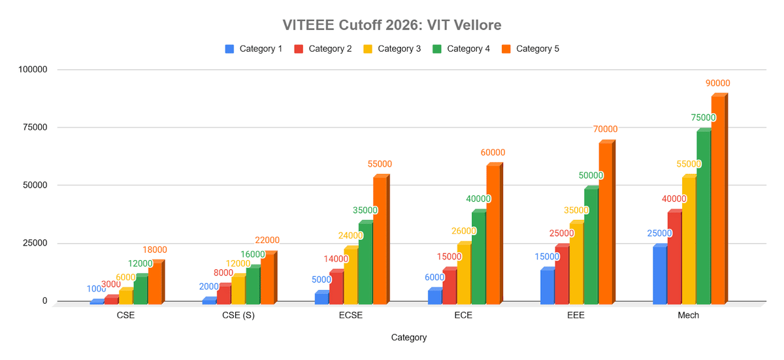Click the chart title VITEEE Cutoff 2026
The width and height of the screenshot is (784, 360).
click(391, 25)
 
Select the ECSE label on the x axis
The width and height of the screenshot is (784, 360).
click(351, 315)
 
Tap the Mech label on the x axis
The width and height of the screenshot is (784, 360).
click(688, 315)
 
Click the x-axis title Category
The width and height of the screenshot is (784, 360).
click(409, 338)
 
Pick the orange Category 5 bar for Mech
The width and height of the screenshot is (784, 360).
click(718, 199)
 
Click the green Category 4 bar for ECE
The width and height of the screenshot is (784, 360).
click(478, 258)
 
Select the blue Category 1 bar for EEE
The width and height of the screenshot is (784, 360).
click(547, 287)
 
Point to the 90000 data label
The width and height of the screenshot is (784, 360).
click(717, 84)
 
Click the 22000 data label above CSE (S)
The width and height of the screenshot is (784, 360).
click(267, 240)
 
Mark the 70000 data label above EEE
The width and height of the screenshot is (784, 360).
click(605, 129)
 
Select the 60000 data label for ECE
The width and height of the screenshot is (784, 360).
click(493, 153)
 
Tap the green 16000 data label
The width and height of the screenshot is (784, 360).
click(253, 254)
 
